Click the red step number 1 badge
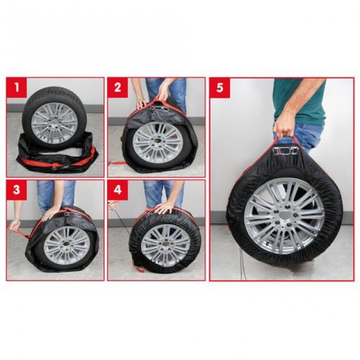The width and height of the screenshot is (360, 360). coord(16,88)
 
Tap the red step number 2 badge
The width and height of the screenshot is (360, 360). coord(118,88)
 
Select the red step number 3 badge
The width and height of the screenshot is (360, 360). coord(16,190)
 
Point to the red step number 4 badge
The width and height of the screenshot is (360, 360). coord(118,190)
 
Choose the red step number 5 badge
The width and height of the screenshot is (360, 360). coord(220,88)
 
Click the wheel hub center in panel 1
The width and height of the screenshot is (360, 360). coord(53,123)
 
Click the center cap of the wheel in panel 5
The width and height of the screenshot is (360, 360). coord(284,217)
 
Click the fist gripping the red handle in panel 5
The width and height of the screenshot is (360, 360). coord(283,127)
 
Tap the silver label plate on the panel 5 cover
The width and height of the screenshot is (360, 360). coord(285,151)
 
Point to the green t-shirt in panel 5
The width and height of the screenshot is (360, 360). coord(300,101)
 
